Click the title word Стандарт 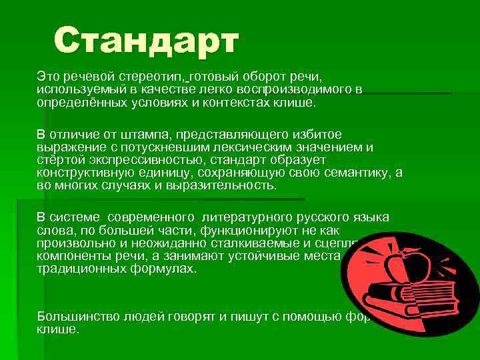coord(145,41)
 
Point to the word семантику coord(357,173)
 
